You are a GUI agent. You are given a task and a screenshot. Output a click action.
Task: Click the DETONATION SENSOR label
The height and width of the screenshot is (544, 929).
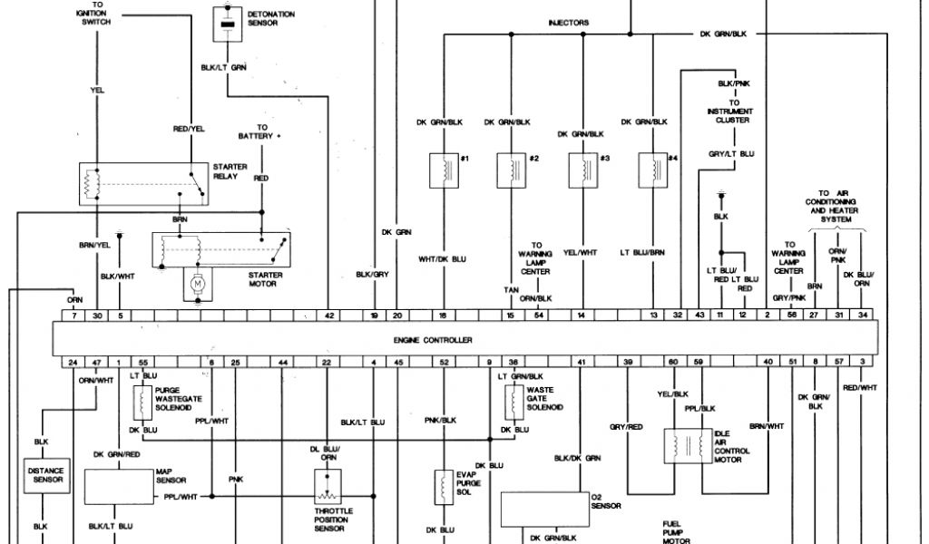[265, 17]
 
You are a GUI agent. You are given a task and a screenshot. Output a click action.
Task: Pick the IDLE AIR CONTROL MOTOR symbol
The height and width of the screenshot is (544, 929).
[687, 446]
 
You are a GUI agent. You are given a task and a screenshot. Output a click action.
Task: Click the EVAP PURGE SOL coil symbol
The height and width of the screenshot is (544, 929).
[444, 487]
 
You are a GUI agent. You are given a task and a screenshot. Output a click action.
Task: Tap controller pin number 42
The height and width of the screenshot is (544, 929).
[329, 316]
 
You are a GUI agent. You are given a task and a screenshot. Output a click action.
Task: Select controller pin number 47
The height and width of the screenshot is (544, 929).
[95, 363]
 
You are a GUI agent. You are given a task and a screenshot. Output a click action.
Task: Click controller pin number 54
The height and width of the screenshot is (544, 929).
[539, 316]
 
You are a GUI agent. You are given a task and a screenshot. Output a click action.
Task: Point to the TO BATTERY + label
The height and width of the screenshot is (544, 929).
[261, 131]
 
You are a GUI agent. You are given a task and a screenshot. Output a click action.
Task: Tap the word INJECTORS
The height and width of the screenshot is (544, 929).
[569, 23]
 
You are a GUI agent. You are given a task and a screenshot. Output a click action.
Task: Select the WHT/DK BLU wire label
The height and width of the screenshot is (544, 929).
[441, 259]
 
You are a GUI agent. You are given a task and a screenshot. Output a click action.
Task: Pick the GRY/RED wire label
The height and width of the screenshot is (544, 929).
[626, 426]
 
